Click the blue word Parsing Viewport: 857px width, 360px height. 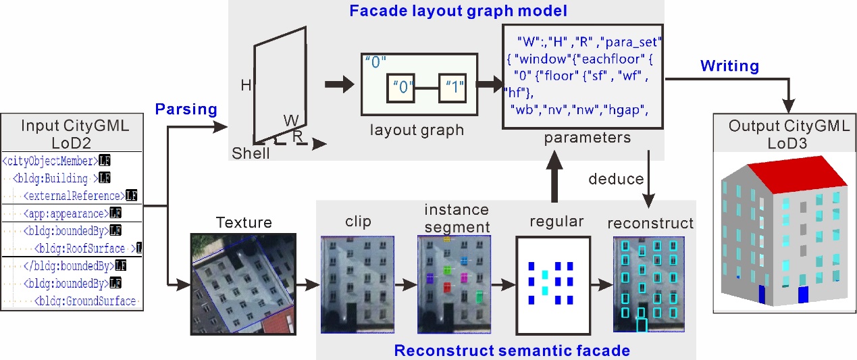pos(186,109)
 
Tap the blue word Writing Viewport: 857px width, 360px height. pos(729,66)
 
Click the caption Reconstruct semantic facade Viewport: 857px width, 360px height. pos(512,351)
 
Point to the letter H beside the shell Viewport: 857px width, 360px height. pos(246,85)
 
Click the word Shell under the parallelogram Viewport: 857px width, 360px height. pos(251,153)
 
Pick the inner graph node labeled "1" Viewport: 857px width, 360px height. pos(452,87)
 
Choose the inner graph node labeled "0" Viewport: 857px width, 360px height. pos(400,88)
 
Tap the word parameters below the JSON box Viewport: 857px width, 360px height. pos(588,138)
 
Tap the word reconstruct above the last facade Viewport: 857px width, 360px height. pos(649,223)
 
